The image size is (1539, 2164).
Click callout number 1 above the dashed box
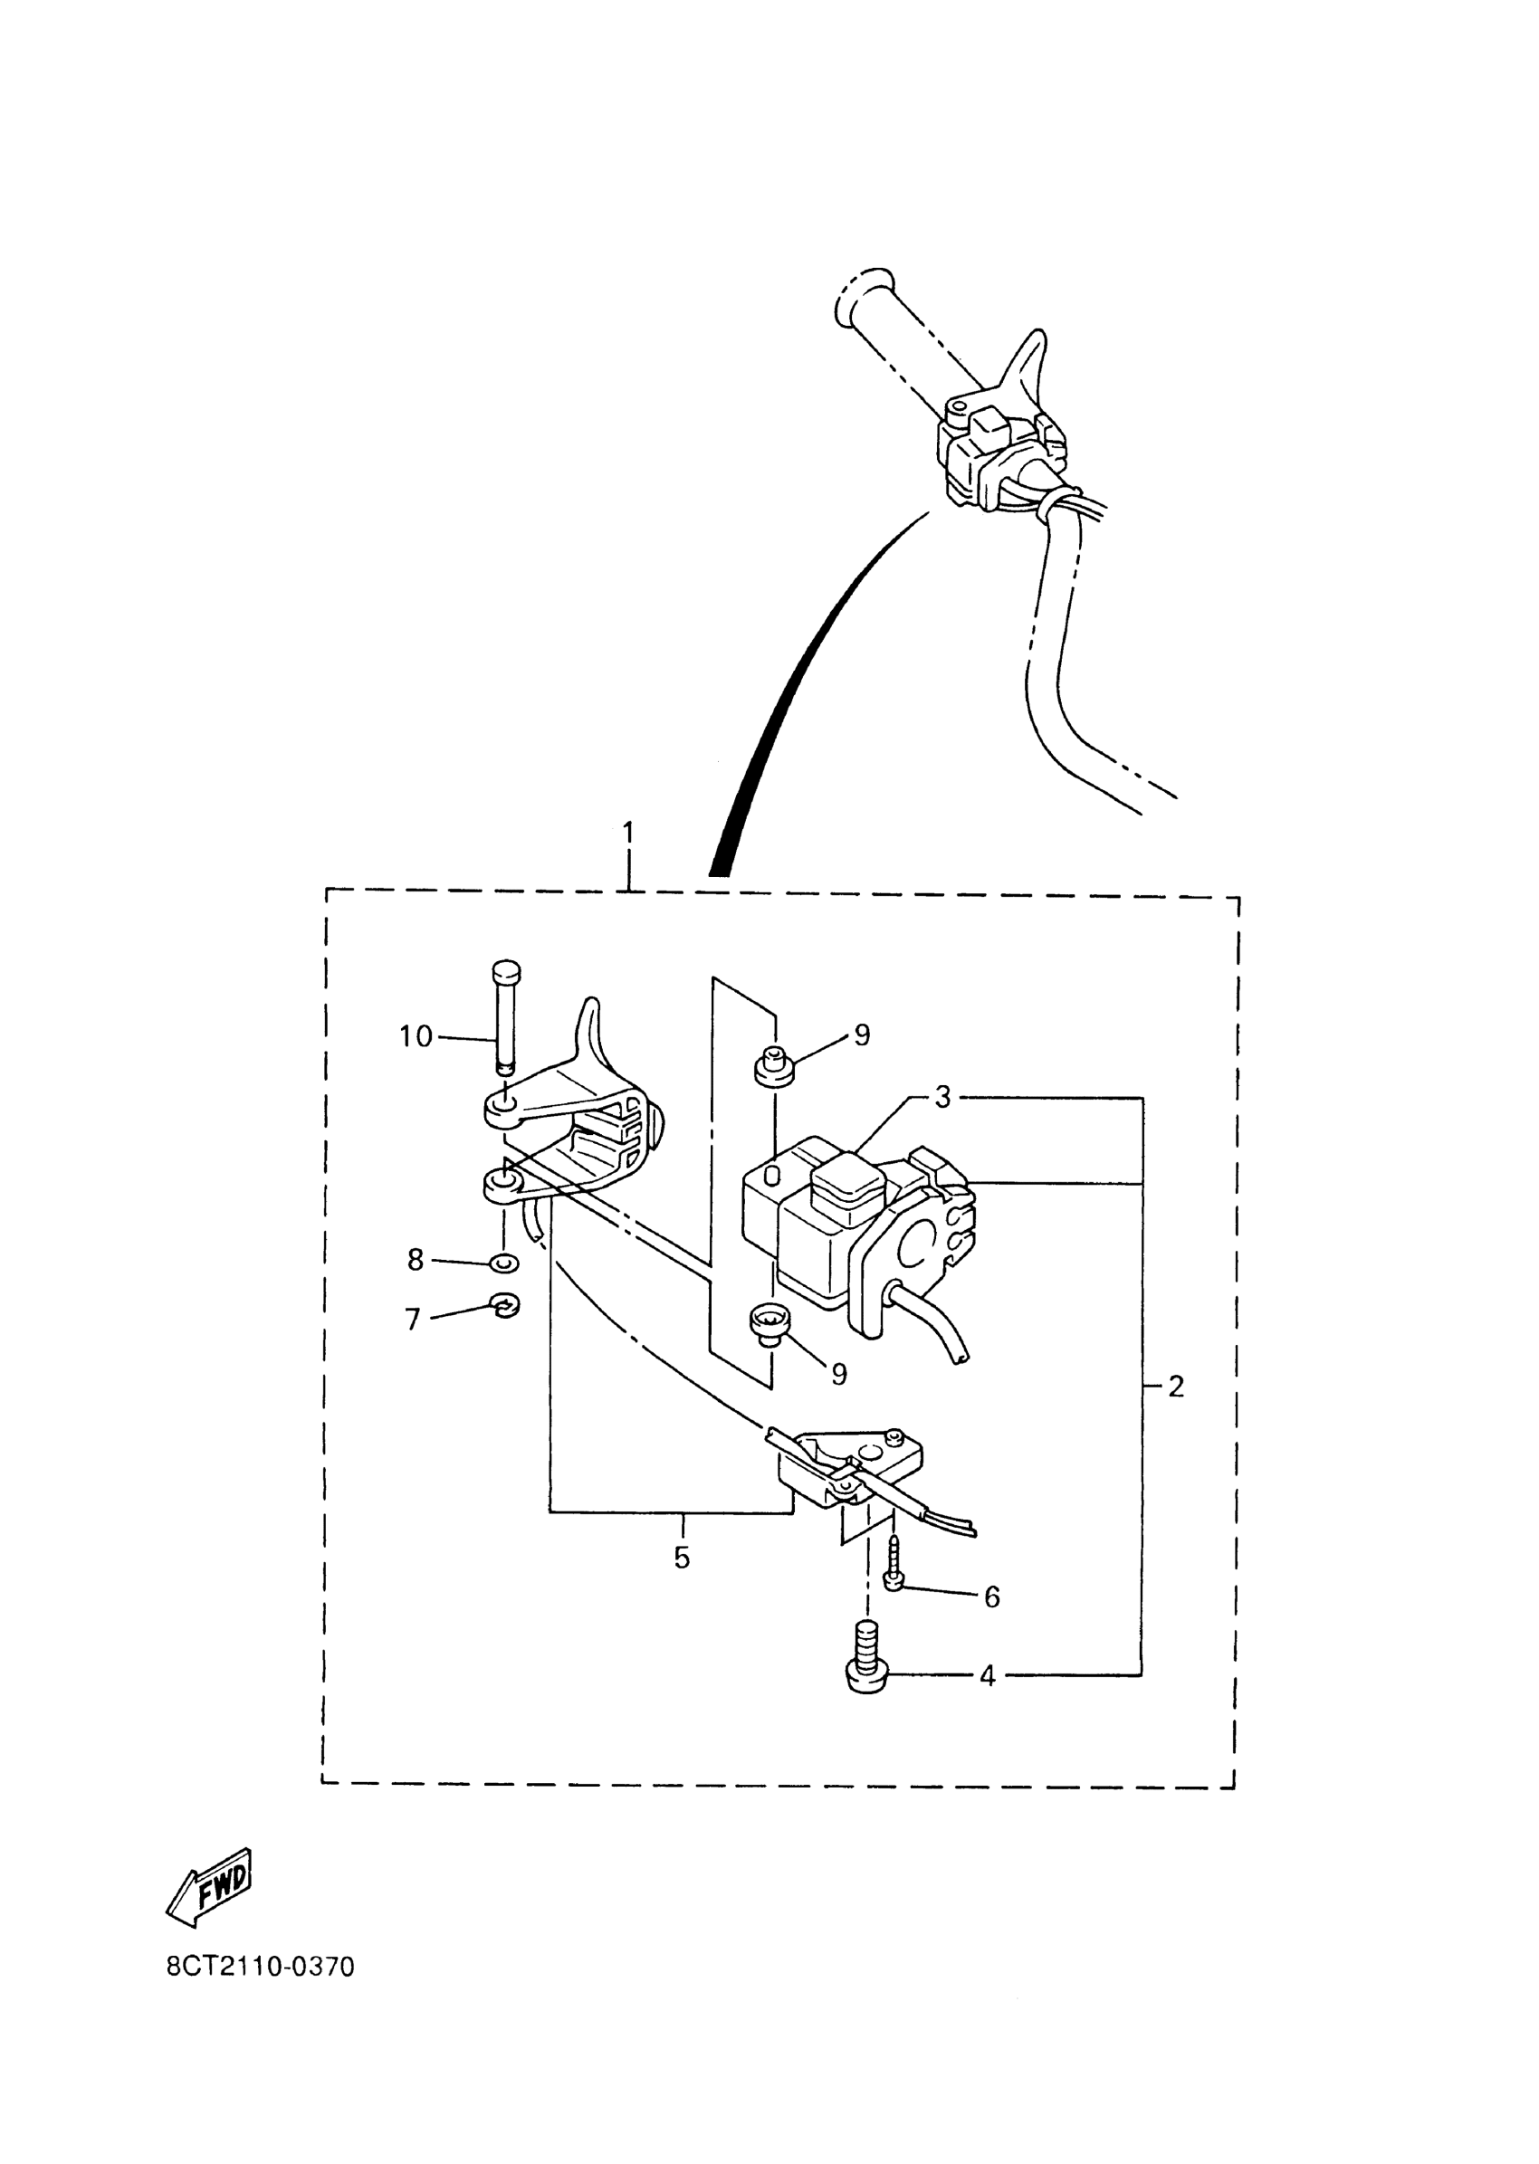pos(627,834)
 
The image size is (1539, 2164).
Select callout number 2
pos(1176,1387)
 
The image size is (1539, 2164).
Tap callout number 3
pos(942,1097)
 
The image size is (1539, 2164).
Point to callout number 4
pos(988,1676)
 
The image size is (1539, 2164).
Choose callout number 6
pos(991,1597)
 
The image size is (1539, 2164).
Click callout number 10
pos(415,1036)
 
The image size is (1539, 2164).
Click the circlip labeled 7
pos(506,1308)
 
